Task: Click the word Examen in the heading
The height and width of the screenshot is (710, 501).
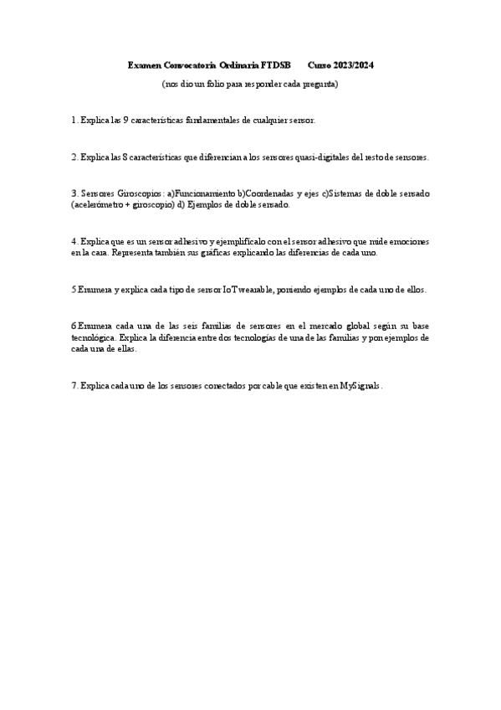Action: (x=144, y=64)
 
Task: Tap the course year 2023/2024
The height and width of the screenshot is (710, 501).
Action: (x=352, y=64)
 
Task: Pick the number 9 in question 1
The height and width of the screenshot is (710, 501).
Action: (x=125, y=121)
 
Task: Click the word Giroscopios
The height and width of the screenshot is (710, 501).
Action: (x=136, y=193)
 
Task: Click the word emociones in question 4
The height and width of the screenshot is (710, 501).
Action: (x=409, y=241)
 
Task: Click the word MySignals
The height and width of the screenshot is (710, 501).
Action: (x=360, y=385)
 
